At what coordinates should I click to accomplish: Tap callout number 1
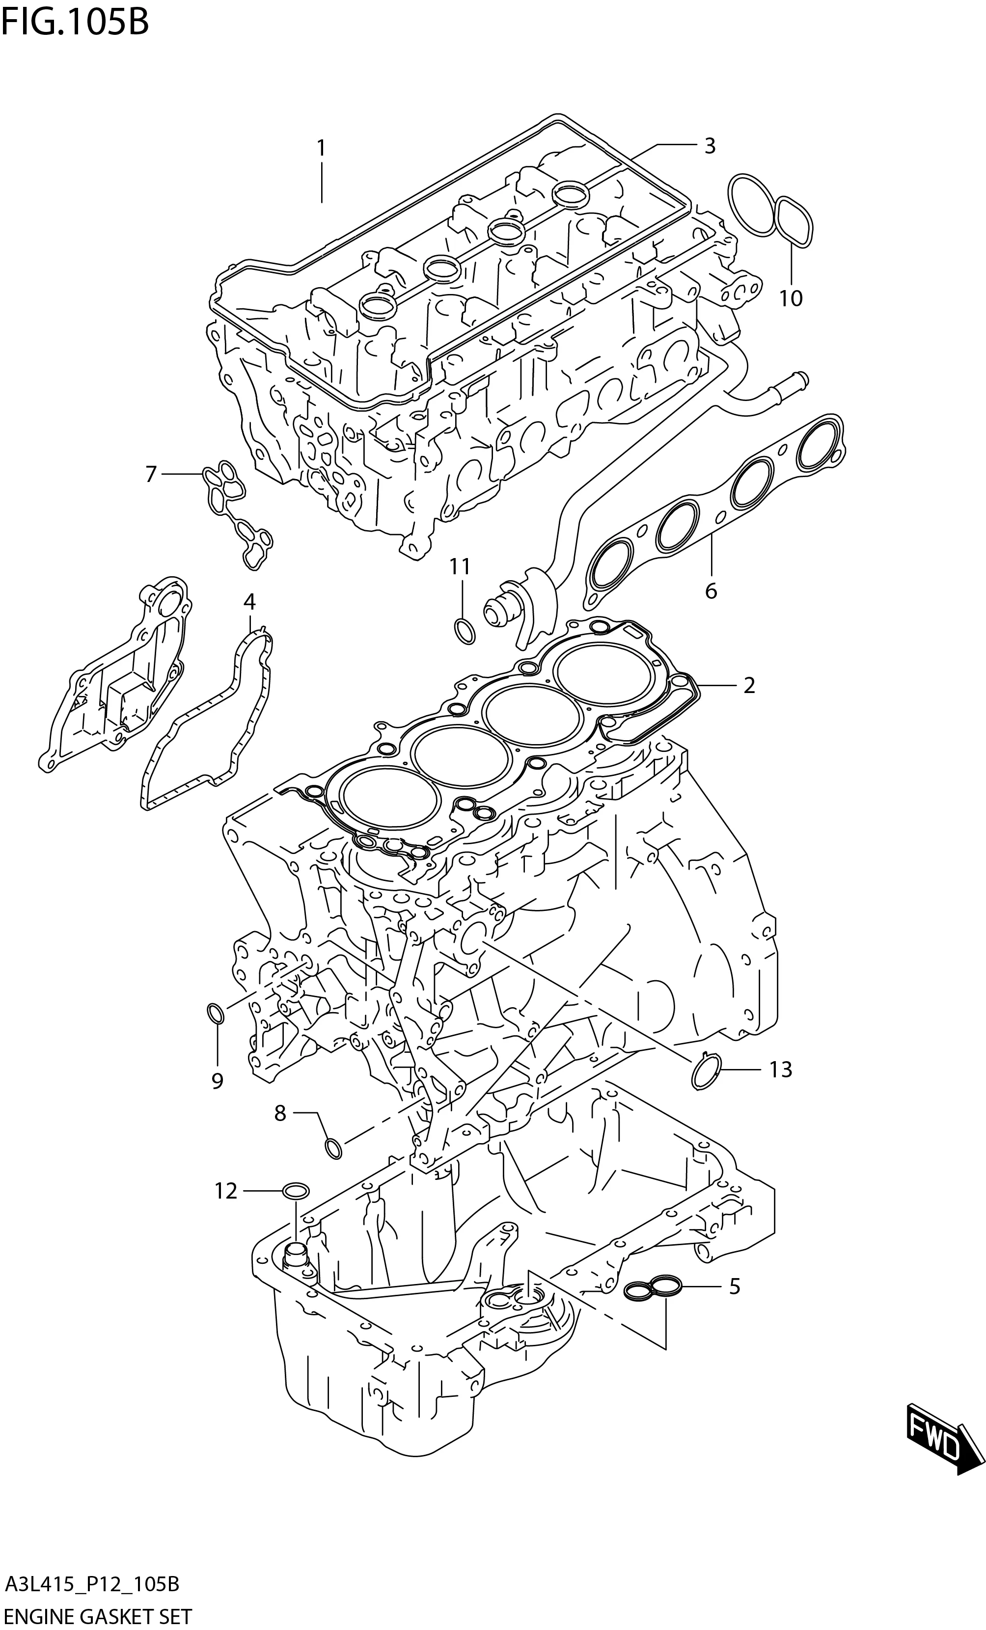pos(321,148)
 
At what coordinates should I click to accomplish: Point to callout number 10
pos(790,298)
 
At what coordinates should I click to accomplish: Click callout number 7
pos(151,474)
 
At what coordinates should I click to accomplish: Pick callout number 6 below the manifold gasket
pos(711,591)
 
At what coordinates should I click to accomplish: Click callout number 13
pos(781,1069)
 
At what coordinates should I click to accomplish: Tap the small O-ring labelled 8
pos(333,1149)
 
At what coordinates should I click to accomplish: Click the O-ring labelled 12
pos(295,1191)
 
